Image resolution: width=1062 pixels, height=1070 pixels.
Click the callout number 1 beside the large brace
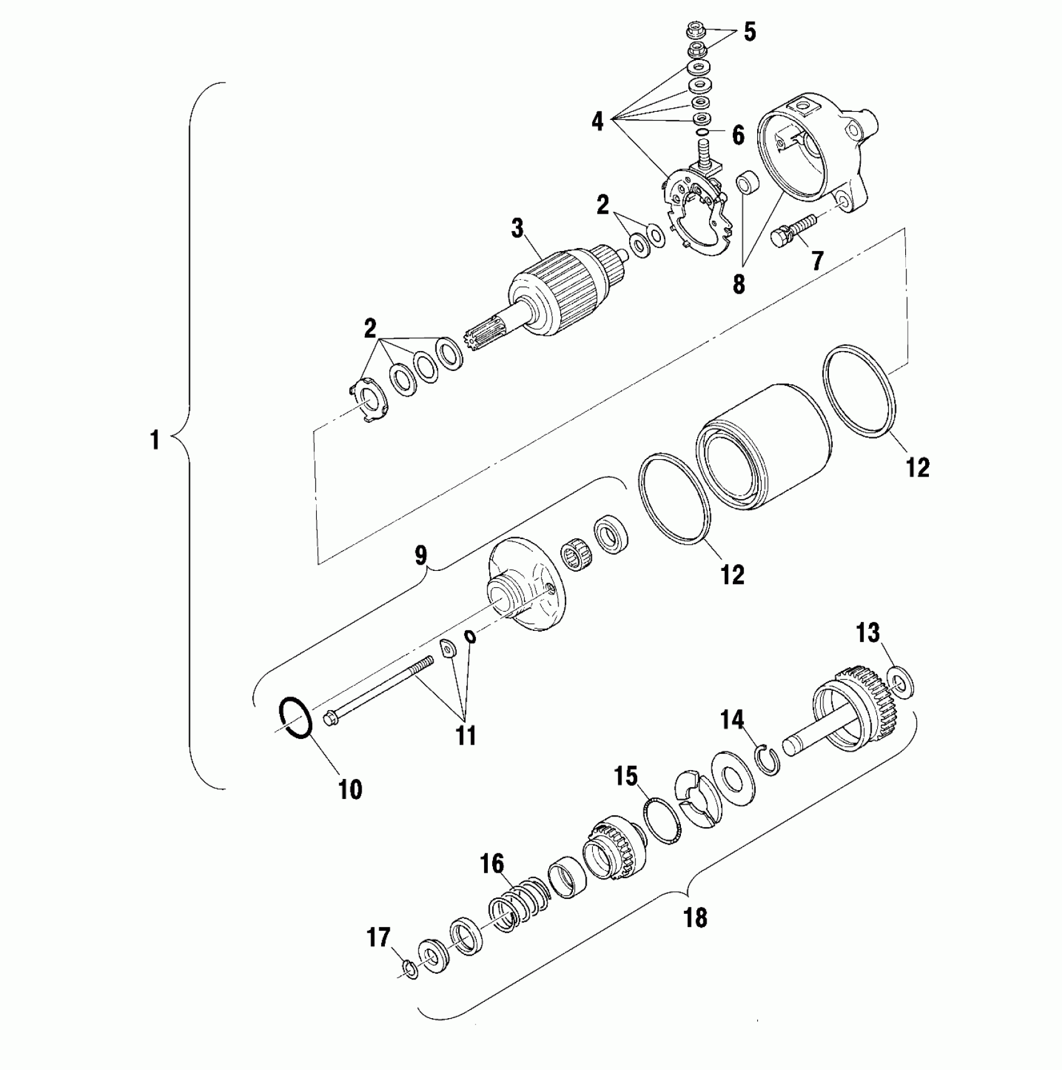point(154,440)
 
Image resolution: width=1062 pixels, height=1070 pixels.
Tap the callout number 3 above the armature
point(517,229)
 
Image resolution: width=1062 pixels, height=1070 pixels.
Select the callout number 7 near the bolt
point(817,260)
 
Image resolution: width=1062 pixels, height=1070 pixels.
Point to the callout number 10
point(350,790)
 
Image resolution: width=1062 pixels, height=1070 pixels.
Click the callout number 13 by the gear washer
point(868,633)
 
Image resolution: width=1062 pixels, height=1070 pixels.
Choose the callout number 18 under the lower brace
point(695,918)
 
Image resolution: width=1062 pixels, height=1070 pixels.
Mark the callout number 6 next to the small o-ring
point(738,135)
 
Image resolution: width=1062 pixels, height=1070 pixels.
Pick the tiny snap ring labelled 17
point(410,968)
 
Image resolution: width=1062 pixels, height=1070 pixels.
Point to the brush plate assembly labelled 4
point(698,209)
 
